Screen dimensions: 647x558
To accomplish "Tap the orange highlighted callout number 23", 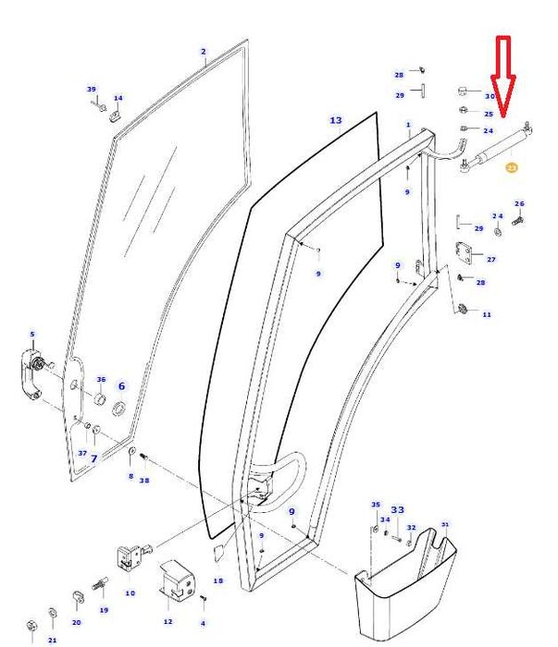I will pyautogui.click(x=511, y=168).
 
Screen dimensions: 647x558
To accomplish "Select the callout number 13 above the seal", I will pyautogui.click(x=336, y=121).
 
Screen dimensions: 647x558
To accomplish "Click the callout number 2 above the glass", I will pyautogui.click(x=204, y=53).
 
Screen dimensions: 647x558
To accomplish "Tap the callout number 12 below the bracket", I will pyautogui.click(x=167, y=621).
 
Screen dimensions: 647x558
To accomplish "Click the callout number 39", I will pyautogui.click(x=92, y=89).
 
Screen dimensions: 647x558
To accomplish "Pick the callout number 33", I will pyautogui.click(x=398, y=509).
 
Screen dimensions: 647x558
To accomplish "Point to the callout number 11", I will pyautogui.click(x=487, y=314).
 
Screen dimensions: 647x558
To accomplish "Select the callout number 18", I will pyautogui.click(x=218, y=580).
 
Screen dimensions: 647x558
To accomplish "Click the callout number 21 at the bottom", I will pyautogui.click(x=53, y=640).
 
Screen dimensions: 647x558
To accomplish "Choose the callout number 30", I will pyautogui.click(x=490, y=96).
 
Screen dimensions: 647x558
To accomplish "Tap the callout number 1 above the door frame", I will pyautogui.click(x=408, y=124).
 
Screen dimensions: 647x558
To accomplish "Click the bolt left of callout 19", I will pyautogui.click(x=97, y=584).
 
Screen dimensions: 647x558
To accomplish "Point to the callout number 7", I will pyautogui.click(x=93, y=458).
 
